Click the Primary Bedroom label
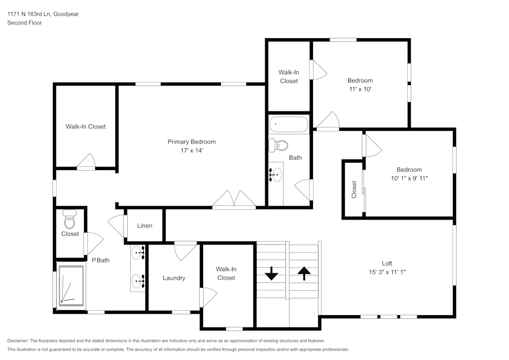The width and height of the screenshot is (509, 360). pos(191,142)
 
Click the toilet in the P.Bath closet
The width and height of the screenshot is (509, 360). pos(70,221)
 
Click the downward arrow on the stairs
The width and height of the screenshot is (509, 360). pos(271,274)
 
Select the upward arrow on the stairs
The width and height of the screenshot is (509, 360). pos(304,273)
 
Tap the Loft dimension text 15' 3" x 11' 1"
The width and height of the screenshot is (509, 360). pos(387,272)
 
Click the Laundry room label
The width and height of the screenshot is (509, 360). pos(174,278)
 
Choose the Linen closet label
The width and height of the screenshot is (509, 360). pos(145,226)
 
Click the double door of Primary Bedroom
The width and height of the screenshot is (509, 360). pos(234,200)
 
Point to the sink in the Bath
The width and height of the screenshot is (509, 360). pos(275,175)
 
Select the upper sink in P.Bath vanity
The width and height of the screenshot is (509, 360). pos(138,252)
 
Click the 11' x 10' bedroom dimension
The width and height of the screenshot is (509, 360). pos(360,89)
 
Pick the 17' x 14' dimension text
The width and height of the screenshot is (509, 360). pos(191,150)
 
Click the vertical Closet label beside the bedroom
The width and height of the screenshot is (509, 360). pos(354,189)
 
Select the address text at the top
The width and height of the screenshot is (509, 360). pos(43,14)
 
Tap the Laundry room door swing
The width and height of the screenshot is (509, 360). pos(186,250)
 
